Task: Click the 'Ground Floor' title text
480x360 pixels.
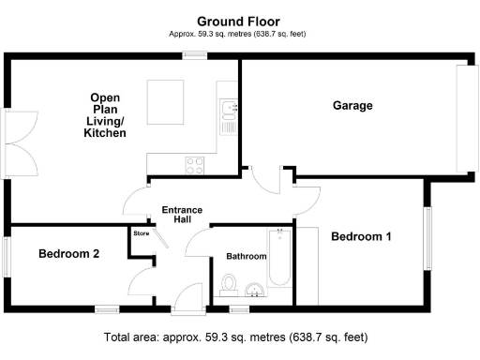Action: [x=238, y=21]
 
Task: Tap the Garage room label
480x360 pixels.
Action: [x=352, y=106]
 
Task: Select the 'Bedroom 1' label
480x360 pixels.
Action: [x=361, y=237]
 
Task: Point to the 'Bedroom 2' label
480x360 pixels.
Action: [x=68, y=253]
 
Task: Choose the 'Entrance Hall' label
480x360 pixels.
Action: [x=183, y=215]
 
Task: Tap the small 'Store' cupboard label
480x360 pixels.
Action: [x=142, y=232]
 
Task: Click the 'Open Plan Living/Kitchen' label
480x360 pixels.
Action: [x=108, y=115]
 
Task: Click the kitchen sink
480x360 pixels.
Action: [x=227, y=113]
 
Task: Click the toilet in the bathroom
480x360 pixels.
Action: [x=228, y=283]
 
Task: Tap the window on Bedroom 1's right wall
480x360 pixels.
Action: [x=427, y=238]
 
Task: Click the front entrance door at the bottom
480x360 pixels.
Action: [x=190, y=300]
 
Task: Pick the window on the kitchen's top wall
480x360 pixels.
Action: [x=194, y=57]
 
